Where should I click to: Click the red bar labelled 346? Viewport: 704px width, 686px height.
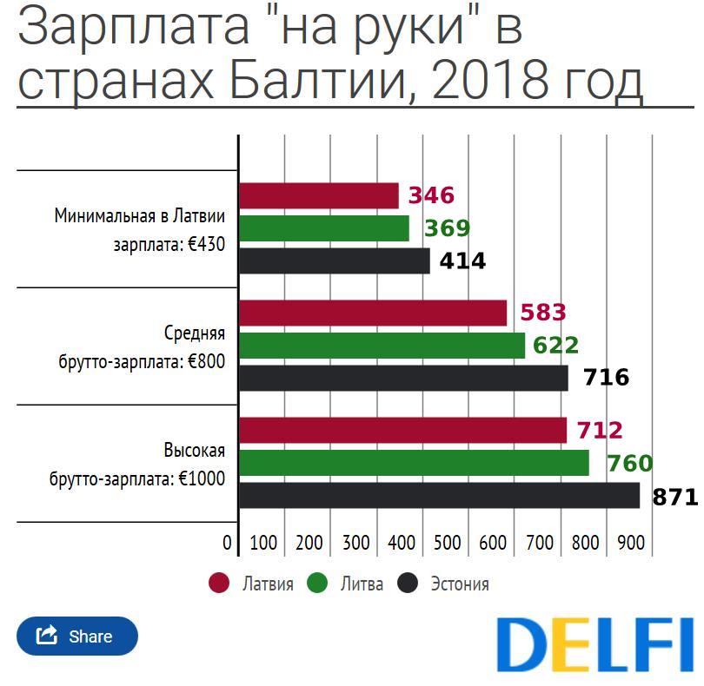tap(318, 195)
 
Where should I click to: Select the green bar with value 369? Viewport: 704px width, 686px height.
tap(323, 228)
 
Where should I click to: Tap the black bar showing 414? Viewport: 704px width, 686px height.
tap(334, 261)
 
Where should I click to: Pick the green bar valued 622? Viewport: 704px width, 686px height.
tap(382, 346)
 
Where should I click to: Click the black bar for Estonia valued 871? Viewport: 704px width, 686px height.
tap(439, 496)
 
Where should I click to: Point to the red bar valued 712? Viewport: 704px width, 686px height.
tap(402, 430)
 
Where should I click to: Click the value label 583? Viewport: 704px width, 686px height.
tap(542, 313)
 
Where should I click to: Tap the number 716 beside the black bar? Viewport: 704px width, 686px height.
tap(606, 378)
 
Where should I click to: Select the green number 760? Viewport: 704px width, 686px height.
tap(629, 464)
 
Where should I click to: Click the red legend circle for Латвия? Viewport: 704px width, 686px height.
tap(219, 584)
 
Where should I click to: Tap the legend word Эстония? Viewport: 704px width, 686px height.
tap(460, 584)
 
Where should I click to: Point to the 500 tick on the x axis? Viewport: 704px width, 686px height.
tap(447, 544)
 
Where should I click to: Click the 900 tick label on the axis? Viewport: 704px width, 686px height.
tap(631, 544)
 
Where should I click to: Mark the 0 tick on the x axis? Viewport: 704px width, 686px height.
tap(228, 544)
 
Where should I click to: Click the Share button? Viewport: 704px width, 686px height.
tap(76, 636)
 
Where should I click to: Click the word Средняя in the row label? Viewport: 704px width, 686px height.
tap(195, 333)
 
